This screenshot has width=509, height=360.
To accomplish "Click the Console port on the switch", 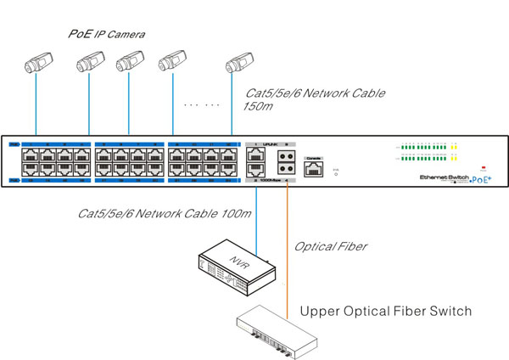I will [314, 168].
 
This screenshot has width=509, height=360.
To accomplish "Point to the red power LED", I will [484, 166].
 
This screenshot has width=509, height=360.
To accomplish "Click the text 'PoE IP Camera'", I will [107, 34].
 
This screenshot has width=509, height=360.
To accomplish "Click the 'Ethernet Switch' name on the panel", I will [444, 177].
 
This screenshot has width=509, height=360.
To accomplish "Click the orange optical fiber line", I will [289, 246].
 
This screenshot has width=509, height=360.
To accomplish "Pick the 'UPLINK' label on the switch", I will [272, 144].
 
